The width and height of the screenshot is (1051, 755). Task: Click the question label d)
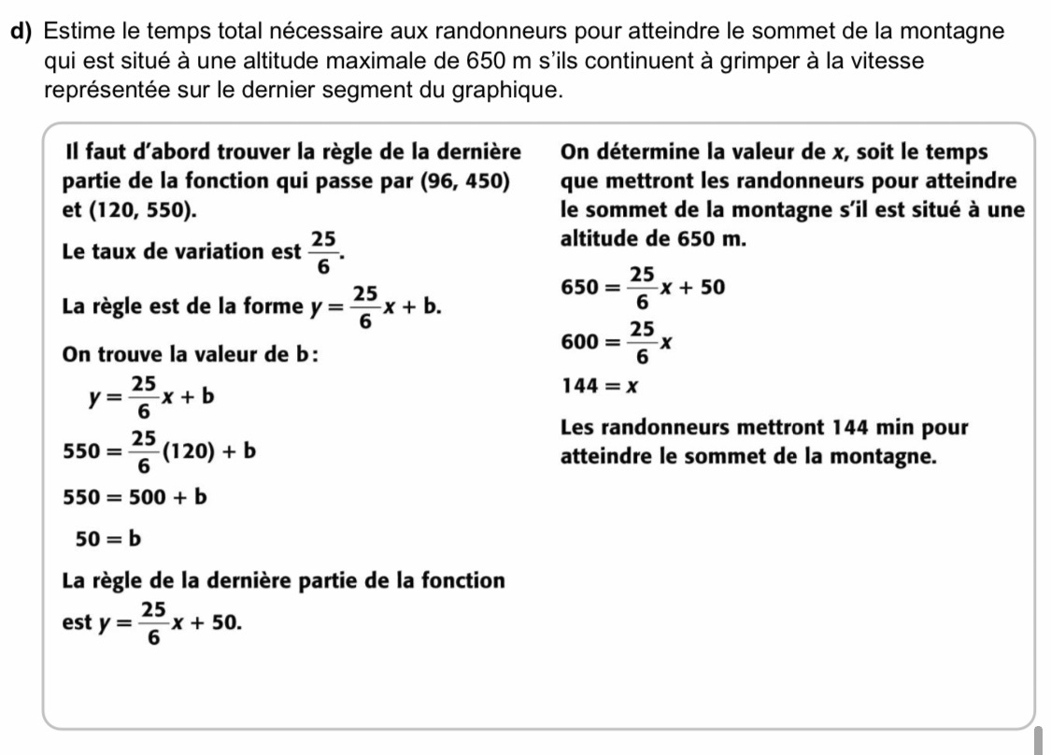click(25, 33)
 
